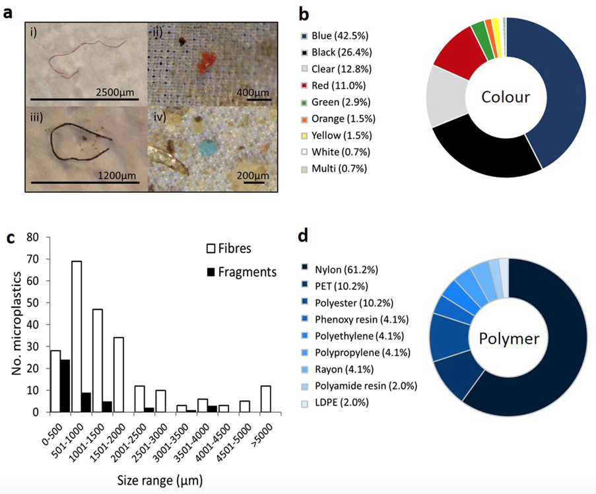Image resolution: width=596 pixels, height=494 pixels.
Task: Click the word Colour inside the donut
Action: click(x=506, y=97)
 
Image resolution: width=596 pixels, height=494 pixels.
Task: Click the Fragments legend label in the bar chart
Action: click(x=249, y=271)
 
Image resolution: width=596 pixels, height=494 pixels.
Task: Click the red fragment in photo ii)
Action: click(x=207, y=61)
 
